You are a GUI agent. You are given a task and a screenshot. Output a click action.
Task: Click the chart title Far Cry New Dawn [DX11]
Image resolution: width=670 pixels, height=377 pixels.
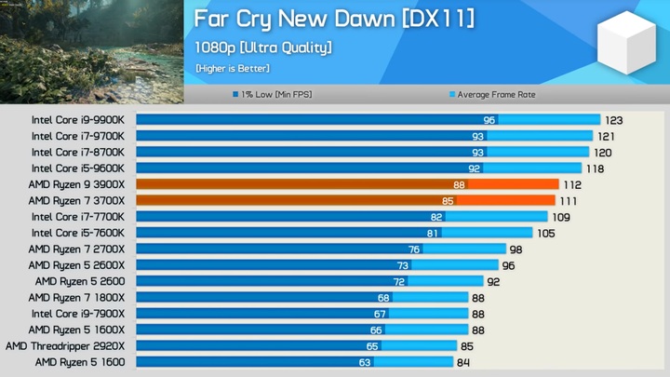(x=334, y=20)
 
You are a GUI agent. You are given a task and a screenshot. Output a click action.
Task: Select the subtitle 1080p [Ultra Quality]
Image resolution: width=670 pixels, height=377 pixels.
(x=263, y=47)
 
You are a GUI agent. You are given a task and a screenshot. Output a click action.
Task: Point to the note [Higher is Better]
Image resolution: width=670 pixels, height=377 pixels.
(x=233, y=68)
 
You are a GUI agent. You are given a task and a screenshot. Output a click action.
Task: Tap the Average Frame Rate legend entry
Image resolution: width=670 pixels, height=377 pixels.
(x=492, y=94)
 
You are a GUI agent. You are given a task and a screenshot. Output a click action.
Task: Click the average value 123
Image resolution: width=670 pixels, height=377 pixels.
(x=613, y=120)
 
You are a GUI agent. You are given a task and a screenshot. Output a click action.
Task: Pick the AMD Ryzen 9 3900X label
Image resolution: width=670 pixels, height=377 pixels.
(x=81, y=184)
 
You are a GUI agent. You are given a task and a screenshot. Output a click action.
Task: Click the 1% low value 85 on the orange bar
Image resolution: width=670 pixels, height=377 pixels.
(x=448, y=200)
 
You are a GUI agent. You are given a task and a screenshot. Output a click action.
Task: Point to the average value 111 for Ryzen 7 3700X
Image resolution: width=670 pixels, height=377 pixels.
(x=569, y=200)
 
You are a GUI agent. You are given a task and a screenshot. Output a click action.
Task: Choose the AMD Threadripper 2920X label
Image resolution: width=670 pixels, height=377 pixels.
(x=70, y=345)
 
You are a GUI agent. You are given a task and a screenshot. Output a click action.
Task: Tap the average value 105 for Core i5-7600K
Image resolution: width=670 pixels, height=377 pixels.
(x=546, y=233)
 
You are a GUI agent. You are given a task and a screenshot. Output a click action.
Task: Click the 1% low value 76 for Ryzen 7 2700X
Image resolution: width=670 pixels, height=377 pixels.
(x=414, y=249)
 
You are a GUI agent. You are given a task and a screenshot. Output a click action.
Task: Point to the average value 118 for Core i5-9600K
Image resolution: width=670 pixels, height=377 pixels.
(x=594, y=168)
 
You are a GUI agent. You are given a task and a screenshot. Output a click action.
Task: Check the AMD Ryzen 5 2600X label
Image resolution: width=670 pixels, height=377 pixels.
(x=81, y=264)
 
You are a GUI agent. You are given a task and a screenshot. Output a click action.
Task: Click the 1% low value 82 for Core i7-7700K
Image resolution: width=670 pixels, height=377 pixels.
(x=435, y=217)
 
